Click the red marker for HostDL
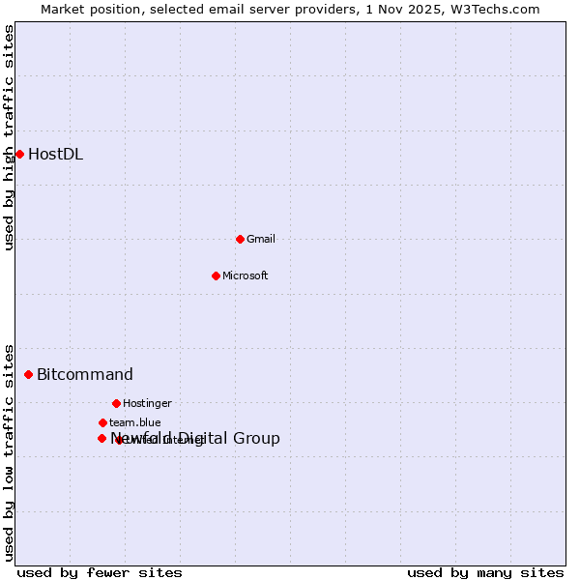click(19, 154)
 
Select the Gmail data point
click(240, 239)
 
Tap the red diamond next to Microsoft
click(216, 275)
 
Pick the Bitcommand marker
click(28, 374)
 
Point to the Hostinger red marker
click(116, 403)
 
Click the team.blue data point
click(102, 422)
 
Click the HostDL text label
click(55, 154)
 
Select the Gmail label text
click(262, 239)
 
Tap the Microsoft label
click(245, 275)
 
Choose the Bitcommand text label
click(85, 374)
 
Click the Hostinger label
click(147, 403)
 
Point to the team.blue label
click(134, 422)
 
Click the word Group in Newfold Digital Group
click(256, 438)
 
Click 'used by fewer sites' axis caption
click(100, 572)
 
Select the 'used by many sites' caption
click(485, 572)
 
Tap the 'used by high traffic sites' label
click(9, 138)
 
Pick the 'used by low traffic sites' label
click(9, 451)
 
